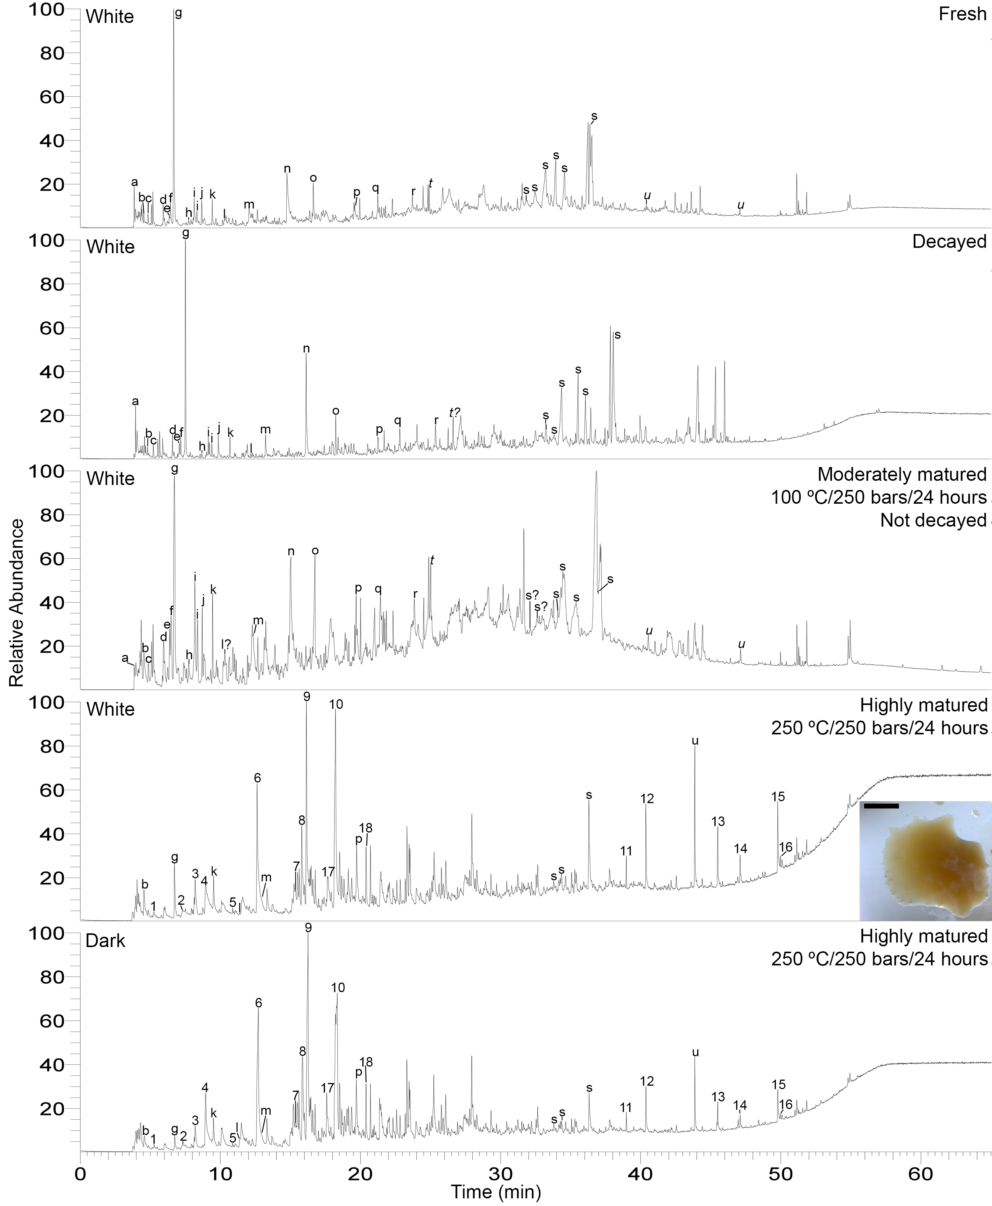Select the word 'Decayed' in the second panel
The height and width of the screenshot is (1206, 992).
click(x=949, y=242)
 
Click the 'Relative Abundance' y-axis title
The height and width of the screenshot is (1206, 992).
click(x=17, y=603)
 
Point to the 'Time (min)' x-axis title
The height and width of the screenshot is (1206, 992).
click(x=496, y=1192)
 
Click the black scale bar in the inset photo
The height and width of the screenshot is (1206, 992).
click(x=881, y=806)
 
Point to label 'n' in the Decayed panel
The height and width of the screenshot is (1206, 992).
click(x=306, y=349)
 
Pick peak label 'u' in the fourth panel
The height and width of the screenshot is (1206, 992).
click(x=695, y=741)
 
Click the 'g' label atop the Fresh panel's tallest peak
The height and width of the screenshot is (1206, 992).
click(x=178, y=13)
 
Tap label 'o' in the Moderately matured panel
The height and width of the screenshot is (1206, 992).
click(x=315, y=551)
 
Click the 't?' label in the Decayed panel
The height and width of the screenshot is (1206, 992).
click(x=454, y=412)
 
